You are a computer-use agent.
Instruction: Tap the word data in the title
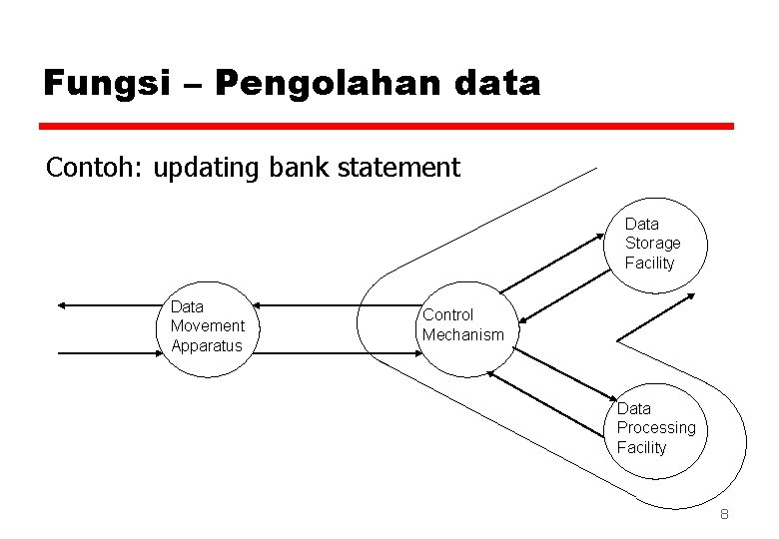(493, 83)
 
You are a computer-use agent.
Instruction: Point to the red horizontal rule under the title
(387, 127)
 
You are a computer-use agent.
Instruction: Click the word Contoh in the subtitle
(94, 167)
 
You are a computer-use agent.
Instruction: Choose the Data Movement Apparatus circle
(207, 326)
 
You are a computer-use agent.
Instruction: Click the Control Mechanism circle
(463, 326)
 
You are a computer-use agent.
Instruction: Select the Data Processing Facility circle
(655, 428)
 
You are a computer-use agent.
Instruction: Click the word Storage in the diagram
(652, 244)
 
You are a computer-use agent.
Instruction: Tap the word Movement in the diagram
(207, 326)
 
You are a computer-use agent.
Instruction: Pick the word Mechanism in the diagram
(463, 335)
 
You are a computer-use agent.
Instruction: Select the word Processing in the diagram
(656, 428)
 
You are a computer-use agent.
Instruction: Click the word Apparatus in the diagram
(207, 346)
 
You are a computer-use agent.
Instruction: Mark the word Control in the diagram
(448, 315)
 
